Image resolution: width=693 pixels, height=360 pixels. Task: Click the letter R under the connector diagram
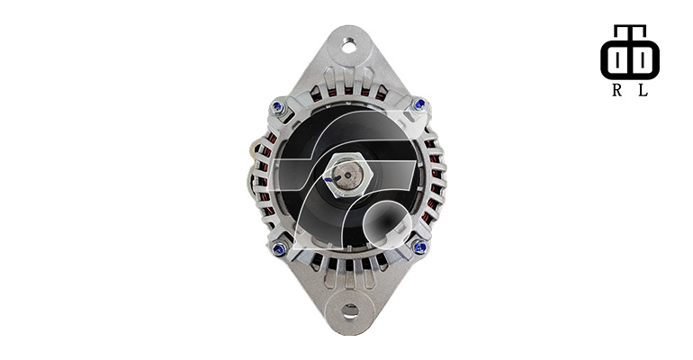[617, 90]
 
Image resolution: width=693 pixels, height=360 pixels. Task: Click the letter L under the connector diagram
[643, 90]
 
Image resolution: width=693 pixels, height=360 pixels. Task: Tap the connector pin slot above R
[617, 58]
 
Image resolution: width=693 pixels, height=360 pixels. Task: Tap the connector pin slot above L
[643, 58]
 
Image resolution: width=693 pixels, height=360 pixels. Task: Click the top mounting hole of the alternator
[348, 46]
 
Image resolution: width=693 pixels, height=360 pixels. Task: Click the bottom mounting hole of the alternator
[350, 310]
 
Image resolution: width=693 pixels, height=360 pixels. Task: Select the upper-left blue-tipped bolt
[277, 106]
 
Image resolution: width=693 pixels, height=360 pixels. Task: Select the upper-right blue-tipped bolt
[419, 104]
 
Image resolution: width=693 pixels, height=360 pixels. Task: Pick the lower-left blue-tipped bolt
[279, 249]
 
